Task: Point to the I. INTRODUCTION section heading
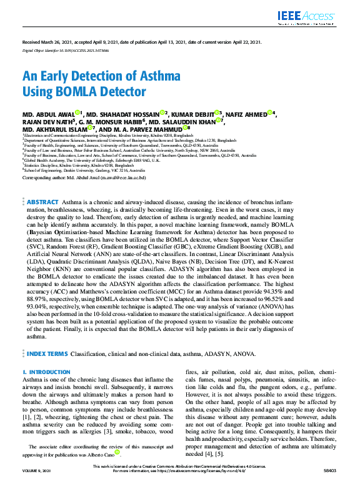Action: (x=47, y=372)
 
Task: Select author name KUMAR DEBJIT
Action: (x=194, y=114)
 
